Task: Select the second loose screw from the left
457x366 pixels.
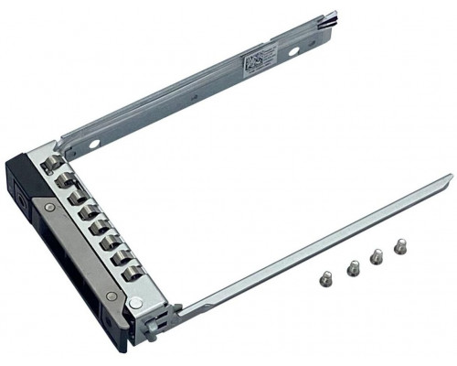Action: coord(353,267)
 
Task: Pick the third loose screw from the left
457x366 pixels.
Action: coord(376,257)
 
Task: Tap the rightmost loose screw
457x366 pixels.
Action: coord(399,245)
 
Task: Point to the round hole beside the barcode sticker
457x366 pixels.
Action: coord(292,52)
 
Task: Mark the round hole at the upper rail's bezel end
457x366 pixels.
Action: coord(94,143)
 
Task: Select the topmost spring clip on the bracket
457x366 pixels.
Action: coord(54,162)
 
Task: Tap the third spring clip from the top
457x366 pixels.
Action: coord(76,196)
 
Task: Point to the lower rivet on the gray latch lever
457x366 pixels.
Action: coord(110,295)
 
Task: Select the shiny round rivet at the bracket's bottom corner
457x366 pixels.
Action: coord(135,303)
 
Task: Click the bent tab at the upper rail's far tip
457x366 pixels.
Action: coord(329,17)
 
